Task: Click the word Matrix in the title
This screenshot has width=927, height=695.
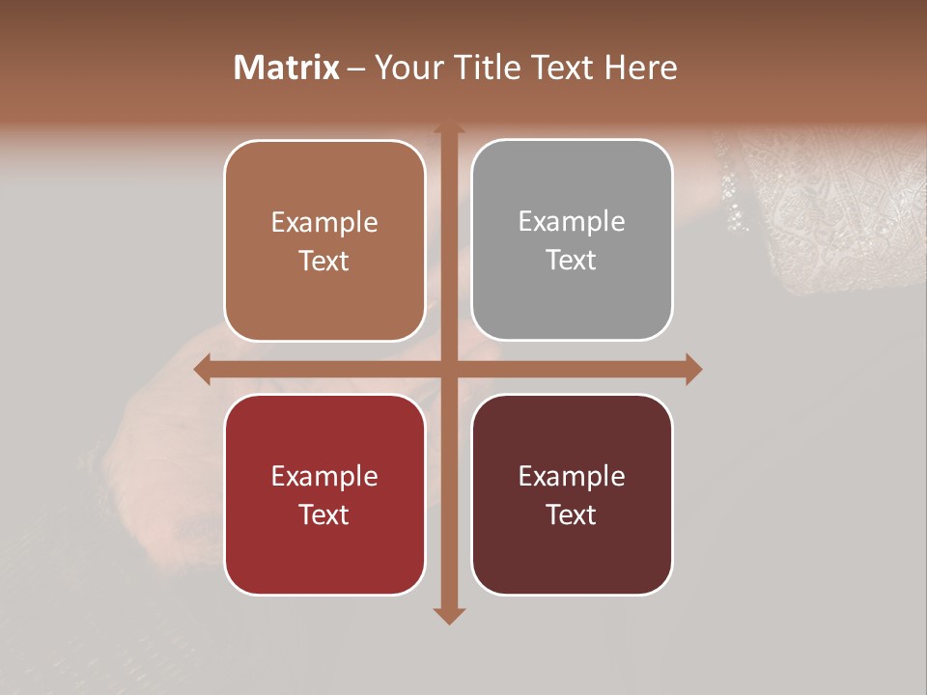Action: (287, 68)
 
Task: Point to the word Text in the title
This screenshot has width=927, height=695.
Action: (564, 68)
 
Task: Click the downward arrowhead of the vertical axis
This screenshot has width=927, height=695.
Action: (449, 615)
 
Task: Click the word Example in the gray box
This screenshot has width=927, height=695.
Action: (572, 222)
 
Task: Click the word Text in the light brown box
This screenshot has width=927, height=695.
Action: (324, 262)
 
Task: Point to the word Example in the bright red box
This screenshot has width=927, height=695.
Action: (324, 476)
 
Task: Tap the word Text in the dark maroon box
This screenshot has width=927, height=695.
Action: (572, 514)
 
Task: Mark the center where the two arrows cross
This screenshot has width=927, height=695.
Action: (449, 369)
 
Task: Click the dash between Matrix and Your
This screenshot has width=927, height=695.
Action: (356, 69)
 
